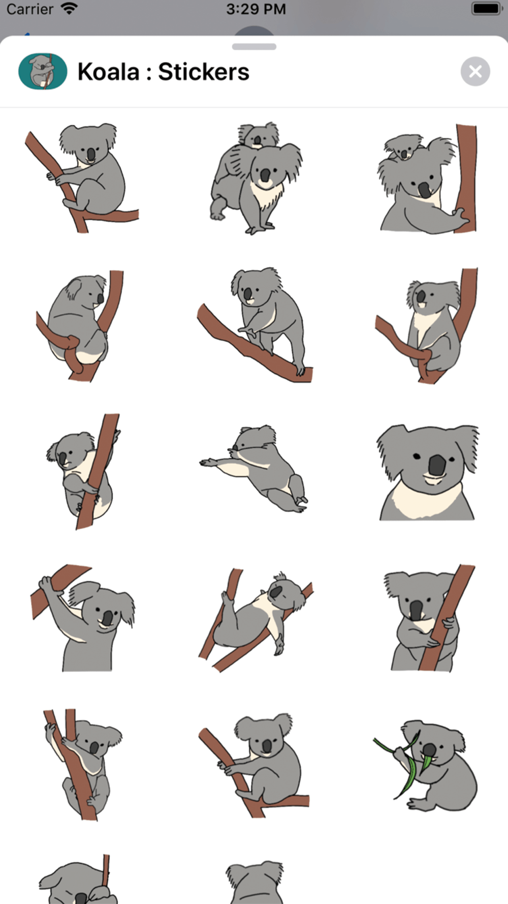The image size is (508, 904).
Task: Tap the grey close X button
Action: pyautogui.click(x=475, y=72)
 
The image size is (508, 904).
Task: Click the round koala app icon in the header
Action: pyautogui.click(x=43, y=72)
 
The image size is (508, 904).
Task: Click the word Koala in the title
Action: pyautogui.click(x=108, y=72)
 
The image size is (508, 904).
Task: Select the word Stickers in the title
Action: pyautogui.click(x=204, y=72)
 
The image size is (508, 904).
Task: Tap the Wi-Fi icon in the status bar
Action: pyautogui.click(x=69, y=9)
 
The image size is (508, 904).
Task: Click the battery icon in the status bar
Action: pyautogui.click(x=487, y=9)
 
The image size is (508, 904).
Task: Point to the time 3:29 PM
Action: pyautogui.click(x=256, y=9)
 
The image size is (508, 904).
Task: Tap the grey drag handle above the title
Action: pyautogui.click(x=254, y=47)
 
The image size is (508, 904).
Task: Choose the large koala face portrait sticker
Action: pyautogui.click(x=428, y=472)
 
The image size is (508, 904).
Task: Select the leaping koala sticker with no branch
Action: pyautogui.click(x=254, y=468)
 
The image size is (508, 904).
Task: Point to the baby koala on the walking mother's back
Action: pyautogui.click(x=259, y=135)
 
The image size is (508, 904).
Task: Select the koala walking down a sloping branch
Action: pyautogui.click(x=255, y=325)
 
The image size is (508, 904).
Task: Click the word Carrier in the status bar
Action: pyautogui.click(x=29, y=9)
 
